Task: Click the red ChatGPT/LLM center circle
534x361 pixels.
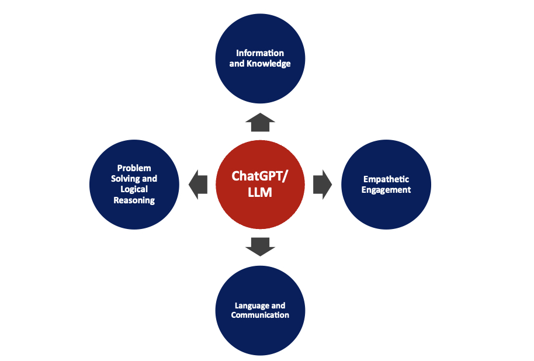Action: tap(260, 185)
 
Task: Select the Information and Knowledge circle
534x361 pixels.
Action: tap(260, 58)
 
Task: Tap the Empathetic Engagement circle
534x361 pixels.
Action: tap(386, 185)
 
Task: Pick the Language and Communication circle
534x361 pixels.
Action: tap(260, 310)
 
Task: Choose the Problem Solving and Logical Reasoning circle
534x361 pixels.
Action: tap(134, 185)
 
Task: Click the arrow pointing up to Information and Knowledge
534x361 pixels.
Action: tap(260, 123)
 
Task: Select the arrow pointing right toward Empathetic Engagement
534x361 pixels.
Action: tap(322, 184)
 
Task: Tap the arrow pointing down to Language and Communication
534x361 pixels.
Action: tap(260, 246)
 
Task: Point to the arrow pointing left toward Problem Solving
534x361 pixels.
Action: tap(199, 184)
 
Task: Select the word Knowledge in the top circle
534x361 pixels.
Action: tap(268, 64)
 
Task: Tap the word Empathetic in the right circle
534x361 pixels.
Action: tap(386, 179)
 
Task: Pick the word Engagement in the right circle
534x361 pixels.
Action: tap(386, 190)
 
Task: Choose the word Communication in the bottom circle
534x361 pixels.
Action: tap(260, 315)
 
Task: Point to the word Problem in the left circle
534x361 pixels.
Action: tap(134, 168)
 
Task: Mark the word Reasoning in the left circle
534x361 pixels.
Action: tap(134, 200)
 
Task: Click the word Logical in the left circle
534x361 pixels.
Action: tap(134, 189)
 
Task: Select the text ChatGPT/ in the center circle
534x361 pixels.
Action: tap(260, 176)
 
